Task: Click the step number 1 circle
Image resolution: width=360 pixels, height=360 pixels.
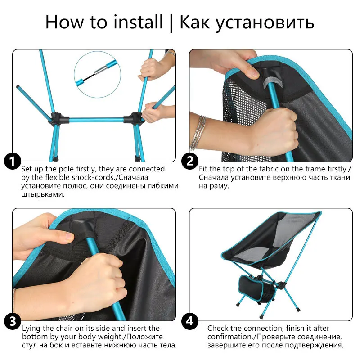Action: pos(13,161)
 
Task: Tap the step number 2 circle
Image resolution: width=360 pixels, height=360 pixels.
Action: pos(190,161)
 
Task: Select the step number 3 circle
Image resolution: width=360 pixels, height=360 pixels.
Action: pos(13,321)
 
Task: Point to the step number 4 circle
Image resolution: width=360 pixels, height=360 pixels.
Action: pos(190,321)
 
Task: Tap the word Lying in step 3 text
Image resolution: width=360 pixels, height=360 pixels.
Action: pos(32,328)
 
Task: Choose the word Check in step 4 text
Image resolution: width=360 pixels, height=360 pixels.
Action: pos(218,328)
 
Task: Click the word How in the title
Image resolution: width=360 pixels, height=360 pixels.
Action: pos(60,22)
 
